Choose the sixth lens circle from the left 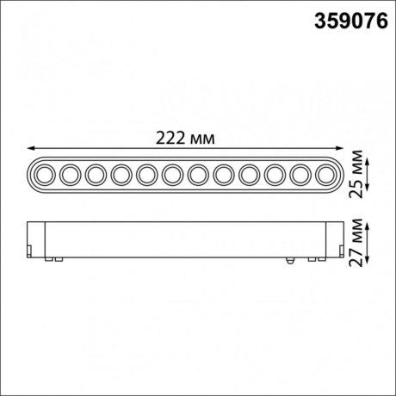173,175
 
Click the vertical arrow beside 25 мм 368,175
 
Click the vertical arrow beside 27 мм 368,243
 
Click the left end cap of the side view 35,241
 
